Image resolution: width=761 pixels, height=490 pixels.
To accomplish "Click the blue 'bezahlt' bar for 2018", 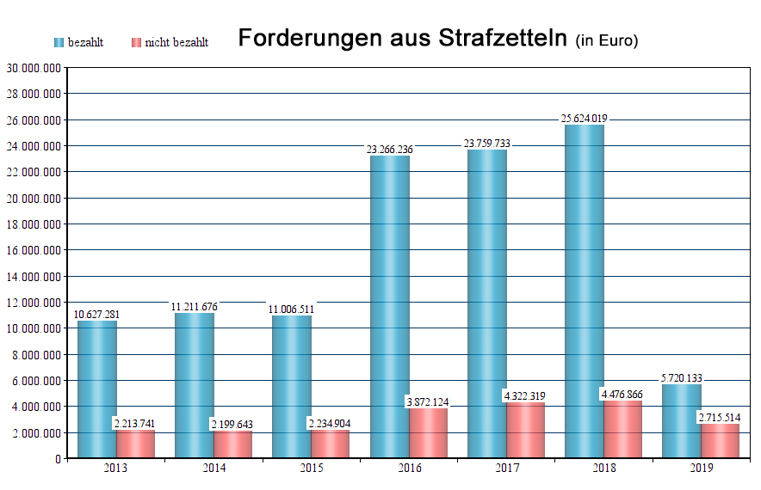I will (x=584, y=292).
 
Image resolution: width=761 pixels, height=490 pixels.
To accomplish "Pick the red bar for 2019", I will (x=720, y=440).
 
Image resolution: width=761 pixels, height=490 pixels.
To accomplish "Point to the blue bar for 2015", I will (x=292, y=387).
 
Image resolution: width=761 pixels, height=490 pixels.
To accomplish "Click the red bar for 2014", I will (x=233, y=444).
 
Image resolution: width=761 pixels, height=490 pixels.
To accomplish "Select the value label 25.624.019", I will (x=584, y=119).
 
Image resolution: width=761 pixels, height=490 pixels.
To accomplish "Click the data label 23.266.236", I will (x=389, y=150).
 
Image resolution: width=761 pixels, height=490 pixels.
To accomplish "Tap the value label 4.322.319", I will (x=525, y=396).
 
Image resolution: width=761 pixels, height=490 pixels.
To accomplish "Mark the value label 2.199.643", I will (x=233, y=425).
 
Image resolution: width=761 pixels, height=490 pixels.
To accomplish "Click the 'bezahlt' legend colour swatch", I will (x=59, y=42).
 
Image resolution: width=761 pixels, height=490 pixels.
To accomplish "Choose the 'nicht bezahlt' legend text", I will (x=176, y=42).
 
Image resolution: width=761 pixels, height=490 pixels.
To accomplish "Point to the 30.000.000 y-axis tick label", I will (x=34, y=67).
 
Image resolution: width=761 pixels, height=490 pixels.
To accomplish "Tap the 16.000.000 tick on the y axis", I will (x=34, y=250).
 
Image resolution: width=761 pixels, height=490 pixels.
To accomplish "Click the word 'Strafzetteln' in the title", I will (x=504, y=39).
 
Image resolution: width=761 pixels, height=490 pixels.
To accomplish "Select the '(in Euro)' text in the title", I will (x=607, y=40).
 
